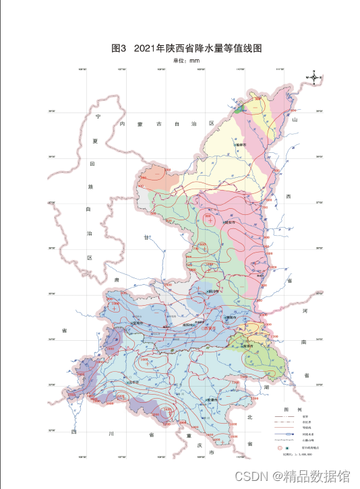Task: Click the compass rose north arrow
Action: coord(314,78)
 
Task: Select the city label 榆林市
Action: coord(241,144)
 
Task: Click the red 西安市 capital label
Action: coord(211,329)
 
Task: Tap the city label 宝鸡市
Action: coord(139,322)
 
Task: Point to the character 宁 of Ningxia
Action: coord(97,117)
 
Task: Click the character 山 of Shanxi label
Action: coord(295,119)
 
